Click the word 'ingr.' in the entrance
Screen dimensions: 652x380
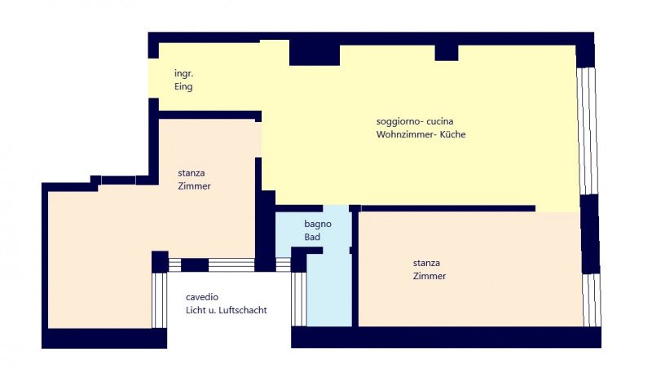[x=184, y=74]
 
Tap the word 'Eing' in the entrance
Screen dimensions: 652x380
[x=183, y=86]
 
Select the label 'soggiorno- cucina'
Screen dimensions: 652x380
[x=415, y=121]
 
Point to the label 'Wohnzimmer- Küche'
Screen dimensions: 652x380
[x=421, y=134]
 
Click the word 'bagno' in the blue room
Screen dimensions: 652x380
[x=318, y=225]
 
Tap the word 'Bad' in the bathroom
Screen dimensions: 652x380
[x=312, y=237]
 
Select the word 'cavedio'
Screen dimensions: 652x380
[x=202, y=297]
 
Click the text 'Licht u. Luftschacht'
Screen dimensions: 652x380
[x=227, y=310]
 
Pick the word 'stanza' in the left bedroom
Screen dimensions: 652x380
[x=192, y=173]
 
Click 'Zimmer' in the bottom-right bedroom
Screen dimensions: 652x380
[x=430, y=276]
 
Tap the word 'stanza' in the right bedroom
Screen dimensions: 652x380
[x=426, y=263]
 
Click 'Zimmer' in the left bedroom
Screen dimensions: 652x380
[x=194, y=186]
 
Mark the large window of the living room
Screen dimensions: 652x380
[x=588, y=131]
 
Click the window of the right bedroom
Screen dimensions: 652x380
[x=593, y=299]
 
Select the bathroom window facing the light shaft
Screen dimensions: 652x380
[x=299, y=299]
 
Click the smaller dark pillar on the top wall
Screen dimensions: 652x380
[x=447, y=52]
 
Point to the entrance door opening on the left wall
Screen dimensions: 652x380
[x=153, y=78]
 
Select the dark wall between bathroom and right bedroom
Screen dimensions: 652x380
[x=355, y=266]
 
